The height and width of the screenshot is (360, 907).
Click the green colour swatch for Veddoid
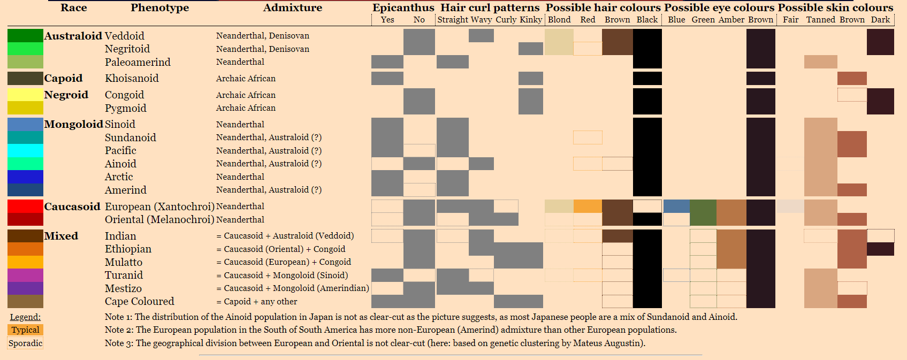(x=25, y=36)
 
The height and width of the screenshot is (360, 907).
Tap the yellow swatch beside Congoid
(x=25, y=95)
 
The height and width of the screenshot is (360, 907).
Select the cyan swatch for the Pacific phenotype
(x=25, y=150)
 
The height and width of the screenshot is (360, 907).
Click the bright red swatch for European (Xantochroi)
(x=25, y=206)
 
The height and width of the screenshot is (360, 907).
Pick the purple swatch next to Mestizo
(x=25, y=288)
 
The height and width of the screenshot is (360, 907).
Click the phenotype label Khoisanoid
(x=132, y=78)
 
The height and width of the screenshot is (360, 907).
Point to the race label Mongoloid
(x=73, y=124)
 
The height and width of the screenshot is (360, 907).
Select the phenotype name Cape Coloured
(x=139, y=301)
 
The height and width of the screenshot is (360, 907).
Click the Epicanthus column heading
(x=403, y=7)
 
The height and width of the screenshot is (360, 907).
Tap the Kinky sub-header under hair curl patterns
(x=530, y=20)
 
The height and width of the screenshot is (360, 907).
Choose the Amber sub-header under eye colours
(x=731, y=20)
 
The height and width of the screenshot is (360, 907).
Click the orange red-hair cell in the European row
(x=588, y=206)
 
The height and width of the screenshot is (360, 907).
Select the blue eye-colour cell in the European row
(x=676, y=206)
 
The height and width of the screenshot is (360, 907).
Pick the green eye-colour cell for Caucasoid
(x=703, y=212)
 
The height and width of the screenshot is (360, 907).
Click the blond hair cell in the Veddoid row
(x=559, y=42)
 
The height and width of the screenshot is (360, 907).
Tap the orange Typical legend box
(x=25, y=330)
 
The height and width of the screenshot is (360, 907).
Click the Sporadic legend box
(x=25, y=343)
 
